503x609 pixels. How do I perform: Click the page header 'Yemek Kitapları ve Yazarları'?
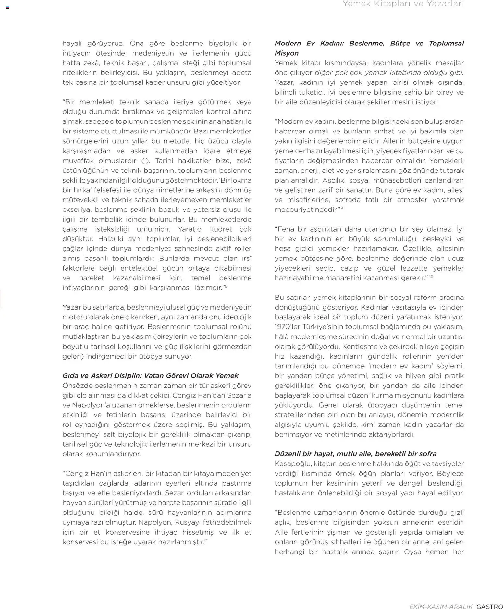[x=403, y=4]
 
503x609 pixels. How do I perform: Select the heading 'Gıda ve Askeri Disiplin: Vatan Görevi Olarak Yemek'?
[x=150, y=376]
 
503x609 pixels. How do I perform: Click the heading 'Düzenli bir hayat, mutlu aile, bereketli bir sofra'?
[x=355, y=454]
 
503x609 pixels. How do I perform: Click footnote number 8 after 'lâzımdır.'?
[x=226, y=286]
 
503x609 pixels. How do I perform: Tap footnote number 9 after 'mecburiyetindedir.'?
[x=342, y=208]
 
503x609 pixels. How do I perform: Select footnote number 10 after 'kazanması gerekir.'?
[x=431, y=276]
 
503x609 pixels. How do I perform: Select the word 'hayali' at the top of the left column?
[x=71, y=44]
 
